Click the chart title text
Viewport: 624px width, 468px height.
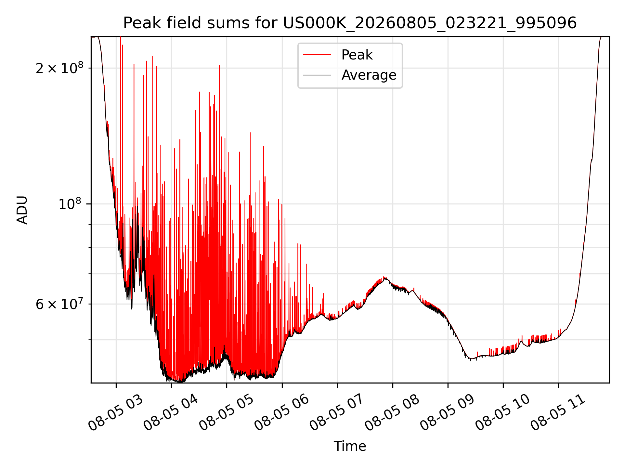[x=350, y=23]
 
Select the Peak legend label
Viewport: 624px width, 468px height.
[x=357, y=55]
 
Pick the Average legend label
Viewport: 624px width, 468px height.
[x=369, y=75]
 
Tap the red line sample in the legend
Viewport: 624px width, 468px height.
[x=317, y=55]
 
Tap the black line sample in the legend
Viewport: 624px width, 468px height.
[x=317, y=75]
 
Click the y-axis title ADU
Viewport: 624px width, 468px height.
[x=22, y=210]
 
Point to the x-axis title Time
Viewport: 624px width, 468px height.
[x=350, y=446]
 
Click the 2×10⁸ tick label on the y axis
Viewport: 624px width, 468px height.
[x=59, y=68]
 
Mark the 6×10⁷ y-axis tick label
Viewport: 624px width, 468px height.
[x=59, y=304]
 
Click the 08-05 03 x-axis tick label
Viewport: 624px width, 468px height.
[x=116, y=413]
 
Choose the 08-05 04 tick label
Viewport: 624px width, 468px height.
[x=171, y=413]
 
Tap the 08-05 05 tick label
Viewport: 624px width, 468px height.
[x=226, y=413]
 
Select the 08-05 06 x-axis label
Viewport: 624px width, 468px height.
[x=281, y=413]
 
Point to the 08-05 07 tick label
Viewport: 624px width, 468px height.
[x=337, y=413]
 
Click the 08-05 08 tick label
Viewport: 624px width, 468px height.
[x=392, y=413]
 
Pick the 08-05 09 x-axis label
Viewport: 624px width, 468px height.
[x=448, y=413]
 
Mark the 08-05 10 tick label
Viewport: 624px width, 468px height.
[x=503, y=413]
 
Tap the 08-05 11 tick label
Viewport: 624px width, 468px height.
[x=558, y=413]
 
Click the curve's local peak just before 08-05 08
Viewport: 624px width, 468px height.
[x=384, y=277]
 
